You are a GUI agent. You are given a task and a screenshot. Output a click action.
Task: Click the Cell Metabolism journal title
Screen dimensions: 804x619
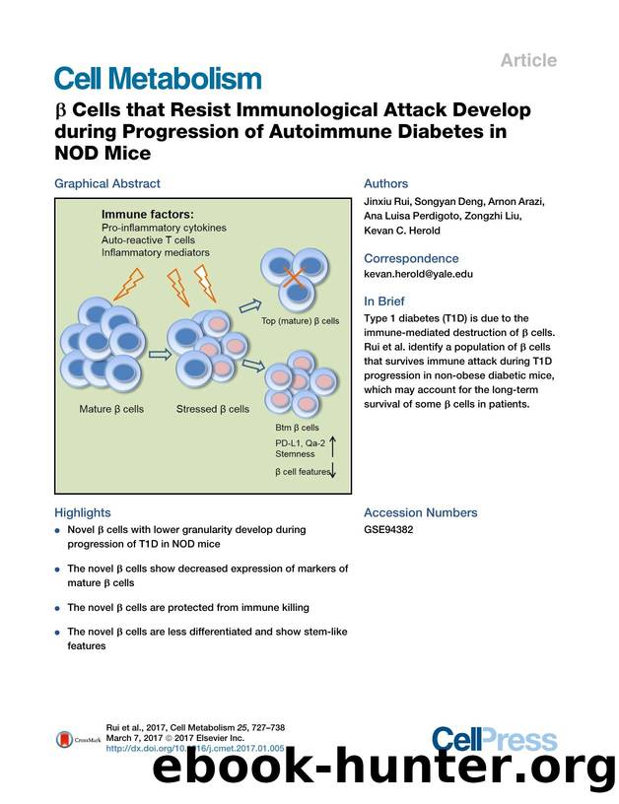pyautogui.click(x=158, y=79)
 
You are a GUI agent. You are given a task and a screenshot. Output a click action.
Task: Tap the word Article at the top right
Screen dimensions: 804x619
pyautogui.click(x=528, y=60)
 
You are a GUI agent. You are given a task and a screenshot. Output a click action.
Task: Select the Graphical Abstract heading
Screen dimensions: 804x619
pyautogui.click(x=106, y=183)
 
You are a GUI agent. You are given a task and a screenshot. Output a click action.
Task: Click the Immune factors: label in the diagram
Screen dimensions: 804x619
pyautogui.click(x=148, y=214)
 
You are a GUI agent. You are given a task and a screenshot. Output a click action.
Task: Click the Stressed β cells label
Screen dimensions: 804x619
pyautogui.click(x=213, y=409)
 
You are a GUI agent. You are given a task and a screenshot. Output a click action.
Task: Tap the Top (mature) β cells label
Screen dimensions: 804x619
pyautogui.click(x=300, y=321)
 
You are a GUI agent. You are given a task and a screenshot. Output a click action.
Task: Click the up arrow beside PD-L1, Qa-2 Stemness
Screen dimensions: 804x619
pyautogui.click(x=331, y=449)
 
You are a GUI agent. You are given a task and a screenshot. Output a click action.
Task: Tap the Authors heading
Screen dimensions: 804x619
pyautogui.click(x=385, y=183)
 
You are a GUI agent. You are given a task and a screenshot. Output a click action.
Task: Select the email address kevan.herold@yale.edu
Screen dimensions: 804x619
pyautogui.click(x=419, y=274)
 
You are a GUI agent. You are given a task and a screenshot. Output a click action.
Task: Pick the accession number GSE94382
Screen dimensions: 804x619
pyautogui.click(x=389, y=529)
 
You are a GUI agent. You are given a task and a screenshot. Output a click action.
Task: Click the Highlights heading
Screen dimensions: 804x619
pyautogui.click(x=83, y=512)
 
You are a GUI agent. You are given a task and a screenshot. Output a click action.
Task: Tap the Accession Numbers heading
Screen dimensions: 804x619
pyautogui.click(x=420, y=512)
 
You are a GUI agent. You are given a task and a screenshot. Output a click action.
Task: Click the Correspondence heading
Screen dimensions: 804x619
pyautogui.click(x=411, y=258)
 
